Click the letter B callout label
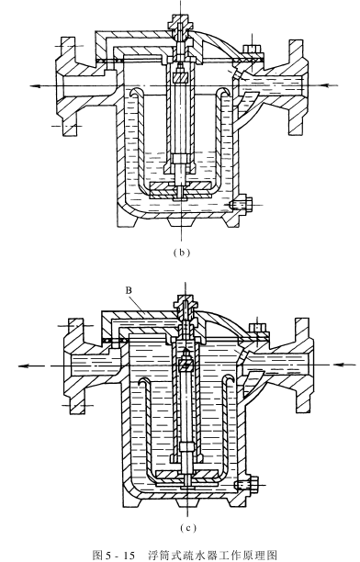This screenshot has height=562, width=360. [129, 290]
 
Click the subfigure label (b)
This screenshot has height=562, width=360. [181, 253]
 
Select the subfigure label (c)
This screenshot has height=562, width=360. [187, 528]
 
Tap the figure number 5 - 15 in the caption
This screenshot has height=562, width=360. [119, 556]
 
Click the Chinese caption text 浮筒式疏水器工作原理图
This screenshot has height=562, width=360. [213, 556]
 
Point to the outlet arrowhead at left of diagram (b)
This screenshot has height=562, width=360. [35, 85]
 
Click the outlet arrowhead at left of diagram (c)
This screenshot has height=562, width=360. [24, 365]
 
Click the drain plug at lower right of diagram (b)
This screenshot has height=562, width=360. [241, 205]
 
